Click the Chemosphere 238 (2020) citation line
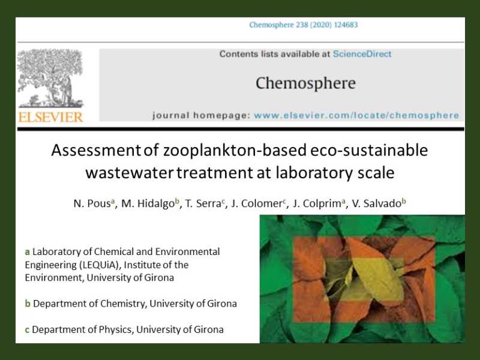[x=304, y=25]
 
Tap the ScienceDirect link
[x=362, y=54]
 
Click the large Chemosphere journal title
[x=305, y=83]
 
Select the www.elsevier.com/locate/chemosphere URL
[x=356, y=115]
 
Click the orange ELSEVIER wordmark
[x=50, y=117]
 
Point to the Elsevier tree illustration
[x=50, y=78]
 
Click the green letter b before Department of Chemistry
[x=28, y=304]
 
